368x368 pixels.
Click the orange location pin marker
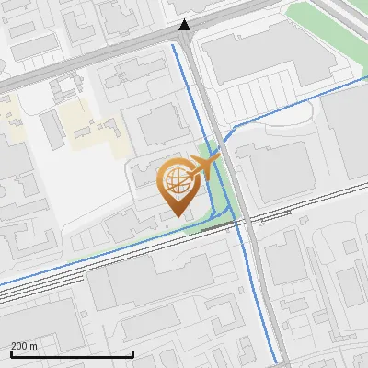(176, 184)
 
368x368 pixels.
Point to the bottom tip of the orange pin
(176, 215)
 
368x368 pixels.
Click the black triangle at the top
(185, 26)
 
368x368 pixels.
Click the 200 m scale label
(25, 346)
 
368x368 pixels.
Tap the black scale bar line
(72, 354)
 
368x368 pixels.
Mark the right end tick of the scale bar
(133, 353)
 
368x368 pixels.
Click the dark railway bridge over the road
(217, 224)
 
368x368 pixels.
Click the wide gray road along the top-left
(55, 78)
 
